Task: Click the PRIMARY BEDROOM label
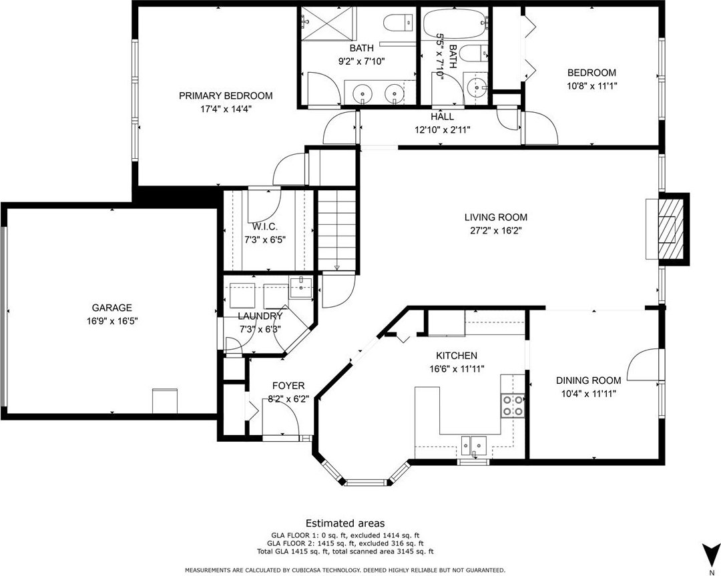click(x=226, y=95)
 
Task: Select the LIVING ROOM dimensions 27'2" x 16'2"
click(x=495, y=230)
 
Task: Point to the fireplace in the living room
click(x=668, y=229)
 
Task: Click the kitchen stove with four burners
click(x=513, y=405)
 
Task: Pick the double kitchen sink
click(x=474, y=445)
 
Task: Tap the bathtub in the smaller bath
click(x=455, y=21)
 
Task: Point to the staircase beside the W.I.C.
click(x=336, y=231)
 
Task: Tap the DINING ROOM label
click(x=588, y=380)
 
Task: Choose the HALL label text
click(x=442, y=117)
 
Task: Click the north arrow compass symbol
click(x=711, y=553)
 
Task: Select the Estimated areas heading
click(x=345, y=523)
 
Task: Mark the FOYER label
click(x=288, y=386)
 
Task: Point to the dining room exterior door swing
click(x=643, y=365)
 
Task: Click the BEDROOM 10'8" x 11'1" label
click(x=591, y=79)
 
